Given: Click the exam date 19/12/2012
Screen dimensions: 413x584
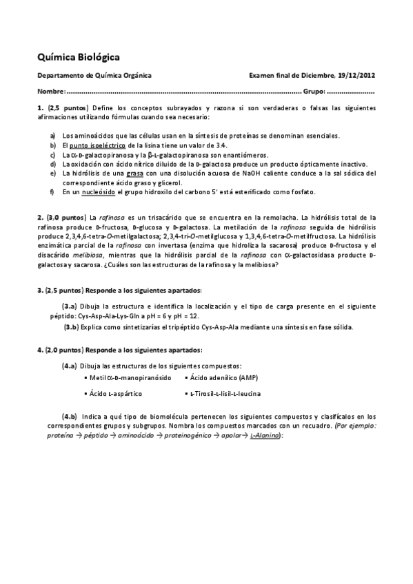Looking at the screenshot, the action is (356, 76).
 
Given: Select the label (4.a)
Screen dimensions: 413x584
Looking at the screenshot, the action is (70, 365).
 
